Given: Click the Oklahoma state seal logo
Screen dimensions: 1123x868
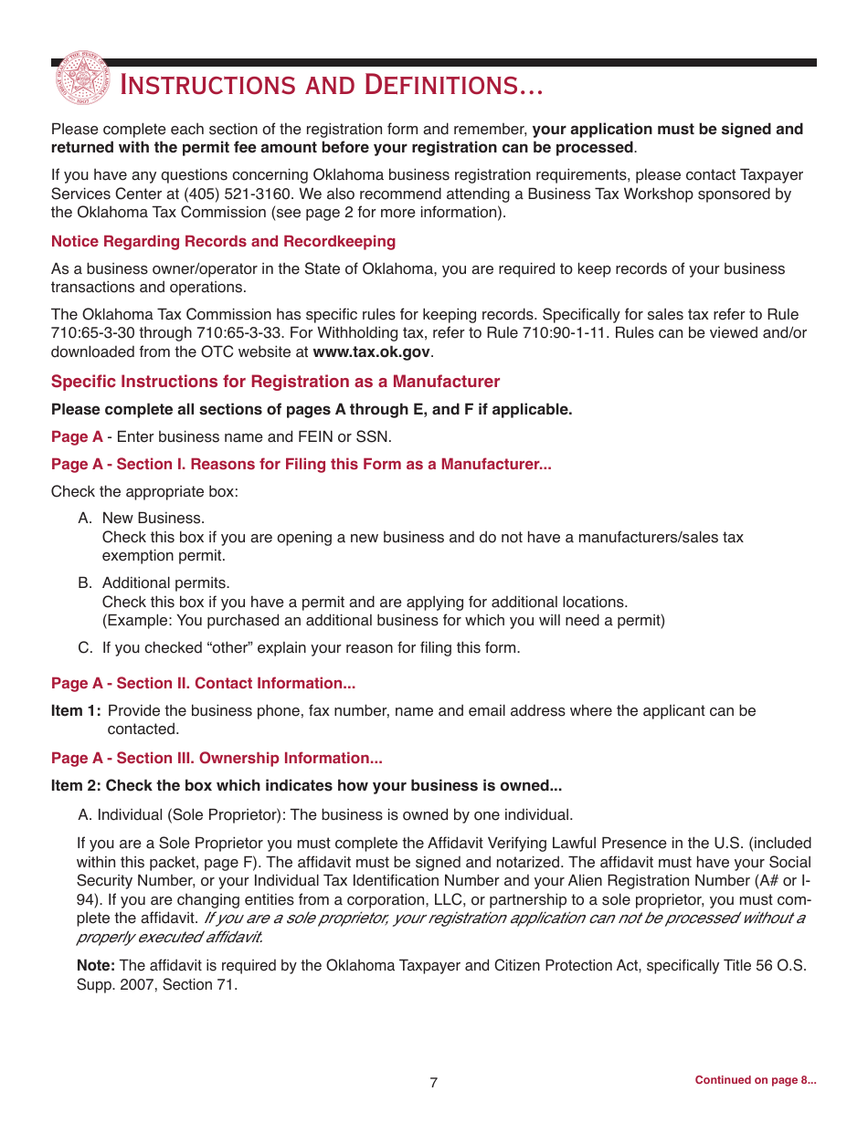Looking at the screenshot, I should tap(82, 78).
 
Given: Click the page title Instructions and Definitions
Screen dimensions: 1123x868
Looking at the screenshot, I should tap(332, 86).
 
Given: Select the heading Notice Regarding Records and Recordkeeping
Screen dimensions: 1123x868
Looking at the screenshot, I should tap(223, 241).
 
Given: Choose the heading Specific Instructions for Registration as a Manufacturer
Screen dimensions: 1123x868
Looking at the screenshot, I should tap(275, 382).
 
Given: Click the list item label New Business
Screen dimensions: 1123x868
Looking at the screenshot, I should tap(153, 519).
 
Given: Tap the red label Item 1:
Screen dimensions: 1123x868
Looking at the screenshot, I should tap(76, 710).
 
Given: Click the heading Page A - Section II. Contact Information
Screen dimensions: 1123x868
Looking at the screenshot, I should tap(203, 683).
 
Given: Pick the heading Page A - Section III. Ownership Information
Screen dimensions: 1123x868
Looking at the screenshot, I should tap(217, 758).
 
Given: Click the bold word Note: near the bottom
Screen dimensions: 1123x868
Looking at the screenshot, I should tap(95, 965).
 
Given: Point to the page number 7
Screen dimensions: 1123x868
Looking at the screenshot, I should tap(434, 1082).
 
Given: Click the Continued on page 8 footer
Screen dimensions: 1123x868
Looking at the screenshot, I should tap(755, 1080).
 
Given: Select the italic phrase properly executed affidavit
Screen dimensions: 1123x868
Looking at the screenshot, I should tap(169, 937).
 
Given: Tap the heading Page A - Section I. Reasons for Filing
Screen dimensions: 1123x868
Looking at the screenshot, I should tap(301, 464).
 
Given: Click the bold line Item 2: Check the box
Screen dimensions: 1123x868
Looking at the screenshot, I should tap(306, 785).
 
